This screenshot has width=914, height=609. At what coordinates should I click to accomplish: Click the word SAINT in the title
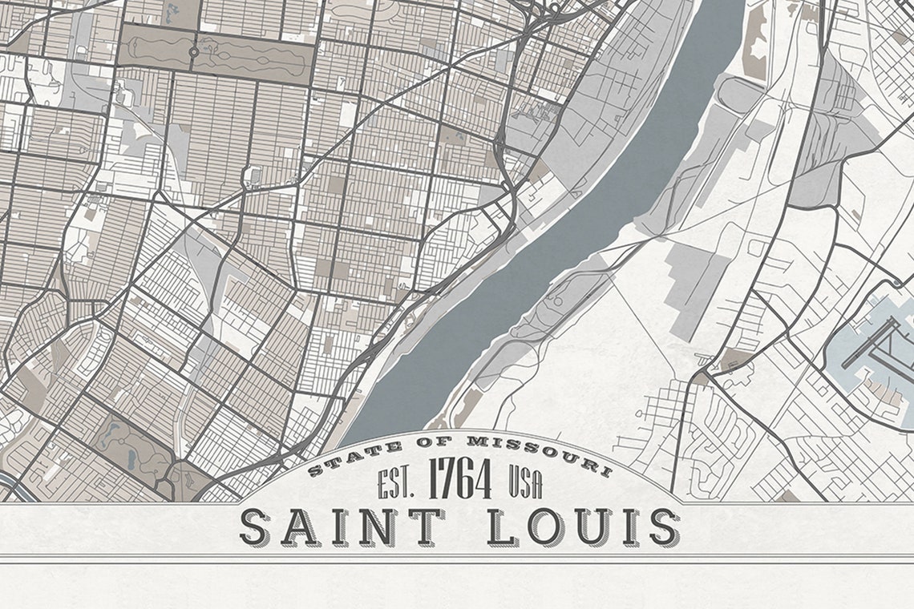click(342, 527)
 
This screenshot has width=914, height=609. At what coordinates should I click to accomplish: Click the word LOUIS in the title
click(582, 527)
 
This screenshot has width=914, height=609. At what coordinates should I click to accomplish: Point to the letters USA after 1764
click(525, 484)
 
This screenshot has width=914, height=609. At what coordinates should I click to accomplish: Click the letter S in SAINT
click(257, 528)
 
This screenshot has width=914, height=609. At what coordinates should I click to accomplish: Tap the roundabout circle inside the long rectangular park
click(193, 52)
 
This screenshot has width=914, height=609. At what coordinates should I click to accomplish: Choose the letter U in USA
click(514, 484)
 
